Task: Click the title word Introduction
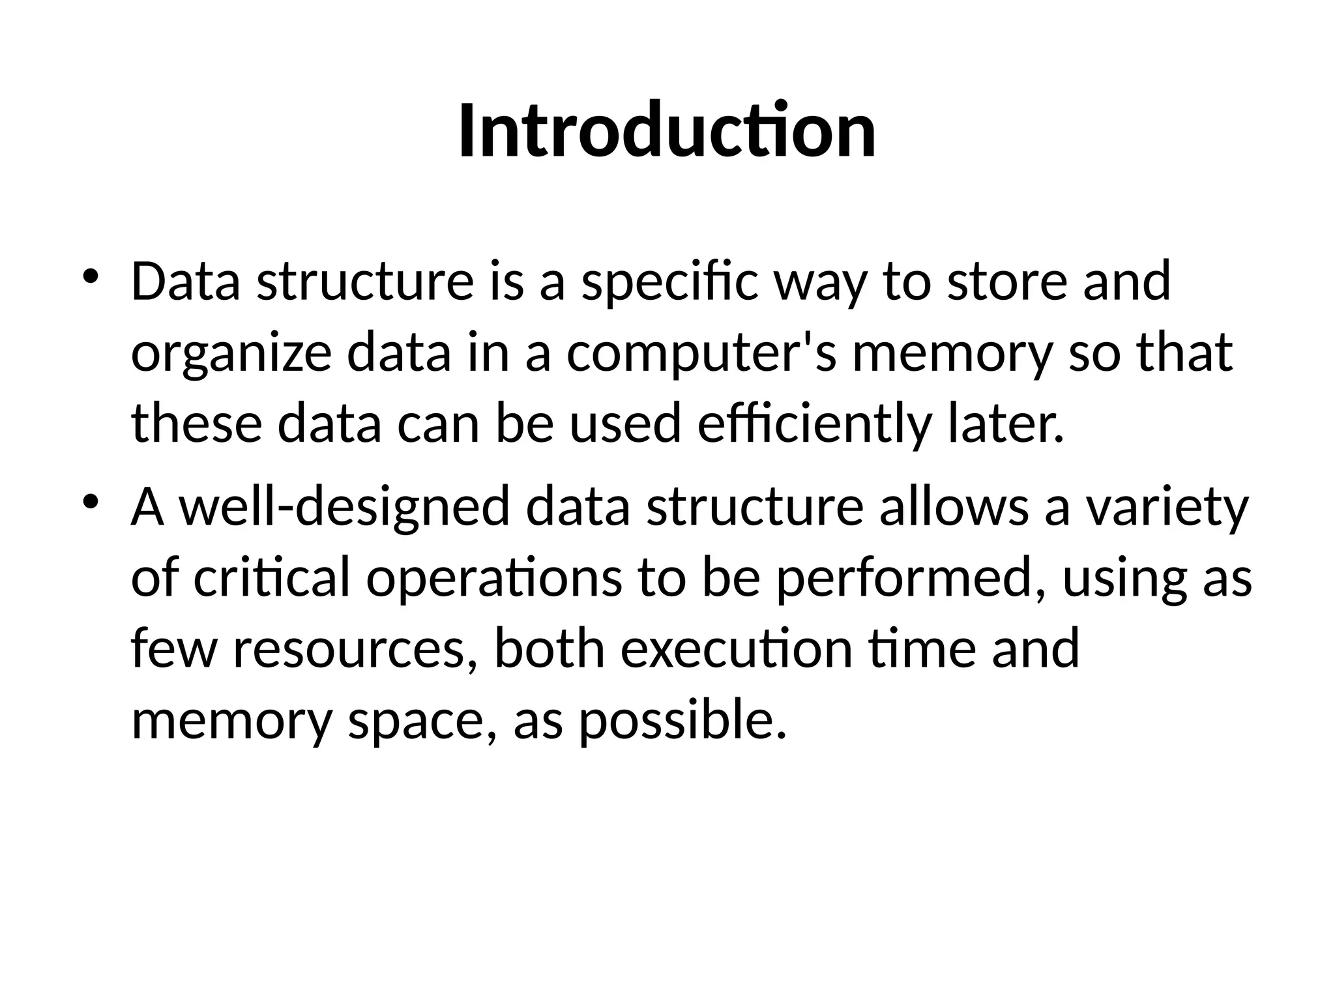click(667, 131)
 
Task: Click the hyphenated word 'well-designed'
click(344, 508)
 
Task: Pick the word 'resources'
click(355, 649)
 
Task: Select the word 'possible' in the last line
click(682, 721)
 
